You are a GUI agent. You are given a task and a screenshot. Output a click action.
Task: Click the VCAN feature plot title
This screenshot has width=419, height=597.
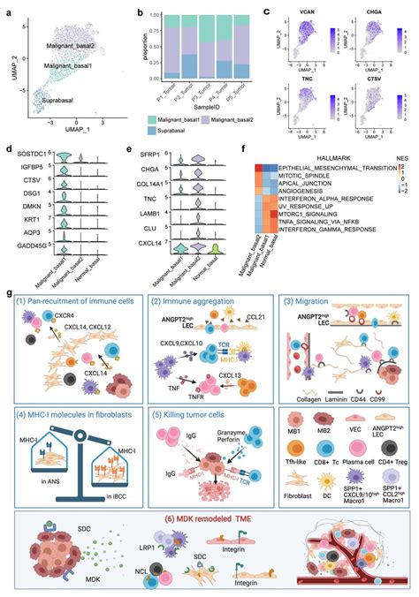316,11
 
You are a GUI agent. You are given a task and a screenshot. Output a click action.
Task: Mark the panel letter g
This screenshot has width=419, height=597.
8,289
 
